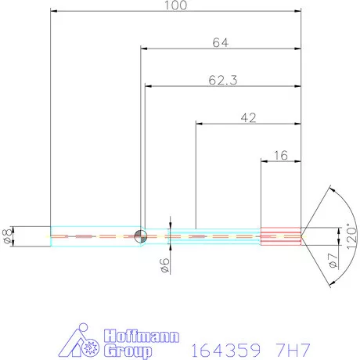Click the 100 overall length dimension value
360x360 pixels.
click(x=175, y=5)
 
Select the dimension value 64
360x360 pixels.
click(x=221, y=43)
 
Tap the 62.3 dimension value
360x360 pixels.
click(x=223, y=81)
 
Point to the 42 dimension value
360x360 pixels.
click(x=248, y=118)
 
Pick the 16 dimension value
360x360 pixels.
click(x=281, y=156)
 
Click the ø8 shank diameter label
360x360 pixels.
click(x=8, y=236)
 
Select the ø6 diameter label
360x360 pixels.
click(x=165, y=265)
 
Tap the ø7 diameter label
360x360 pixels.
click(x=333, y=261)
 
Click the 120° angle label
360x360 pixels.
click(x=351, y=236)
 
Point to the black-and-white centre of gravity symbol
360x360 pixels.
click(x=140, y=236)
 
